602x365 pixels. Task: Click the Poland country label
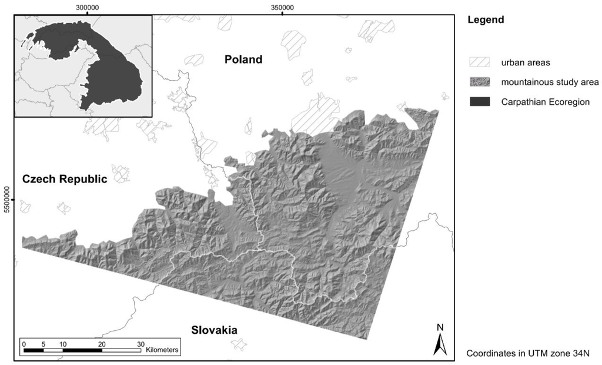click(x=243, y=59)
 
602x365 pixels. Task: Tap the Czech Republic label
click(x=65, y=179)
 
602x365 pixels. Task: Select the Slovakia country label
click(x=214, y=330)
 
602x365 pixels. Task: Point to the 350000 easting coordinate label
click(x=282, y=7)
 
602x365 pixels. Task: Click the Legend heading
click(x=486, y=20)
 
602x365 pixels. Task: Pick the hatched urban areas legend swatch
click(x=480, y=62)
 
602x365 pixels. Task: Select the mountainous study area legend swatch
click(x=480, y=82)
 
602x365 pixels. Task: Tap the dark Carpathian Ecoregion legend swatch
click(x=480, y=102)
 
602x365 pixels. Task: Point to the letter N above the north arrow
click(x=440, y=327)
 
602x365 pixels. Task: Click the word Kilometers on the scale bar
click(x=162, y=350)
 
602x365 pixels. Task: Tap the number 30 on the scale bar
click(x=140, y=344)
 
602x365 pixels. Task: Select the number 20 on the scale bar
click(x=102, y=344)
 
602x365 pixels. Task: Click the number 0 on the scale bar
click(x=23, y=344)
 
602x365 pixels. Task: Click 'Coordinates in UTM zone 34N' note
click(x=527, y=354)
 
